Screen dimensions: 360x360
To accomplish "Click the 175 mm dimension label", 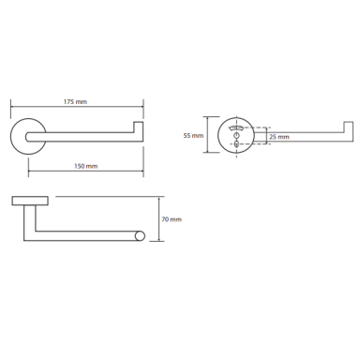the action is tap(75, 101).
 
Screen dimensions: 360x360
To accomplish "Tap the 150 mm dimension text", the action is tap(85, 166).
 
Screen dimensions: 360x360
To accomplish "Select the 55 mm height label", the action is tap(193, 136).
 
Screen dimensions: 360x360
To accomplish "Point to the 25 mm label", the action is tap(279, 137).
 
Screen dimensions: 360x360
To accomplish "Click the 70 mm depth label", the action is tap(172, 219).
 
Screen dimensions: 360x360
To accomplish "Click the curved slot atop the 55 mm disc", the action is tap(236, 127).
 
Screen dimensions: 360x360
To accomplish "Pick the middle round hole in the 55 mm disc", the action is tap(236, 135).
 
